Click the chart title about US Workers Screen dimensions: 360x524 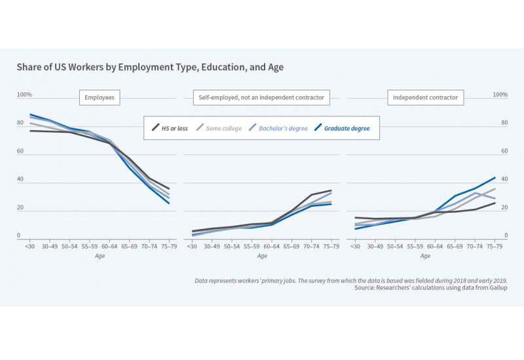pos(150,67)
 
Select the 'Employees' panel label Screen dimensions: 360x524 pos(100,98)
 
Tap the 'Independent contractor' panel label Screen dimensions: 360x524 pos(425,98)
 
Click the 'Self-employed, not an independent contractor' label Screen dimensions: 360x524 pos(261,98)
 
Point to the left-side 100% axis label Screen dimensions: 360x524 pos(24,95)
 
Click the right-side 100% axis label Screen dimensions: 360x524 pos(500,95)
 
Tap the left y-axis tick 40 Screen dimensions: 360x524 pos(20,179)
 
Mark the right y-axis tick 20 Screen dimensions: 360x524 pos(504,207)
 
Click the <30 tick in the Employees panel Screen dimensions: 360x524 pos(30,248)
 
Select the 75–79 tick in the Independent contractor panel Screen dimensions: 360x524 pos(495,248)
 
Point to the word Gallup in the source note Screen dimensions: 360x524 pos(496,288)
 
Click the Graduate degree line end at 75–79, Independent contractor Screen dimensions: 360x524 pos(495,177)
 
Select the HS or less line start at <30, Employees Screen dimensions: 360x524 pos(31,131)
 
